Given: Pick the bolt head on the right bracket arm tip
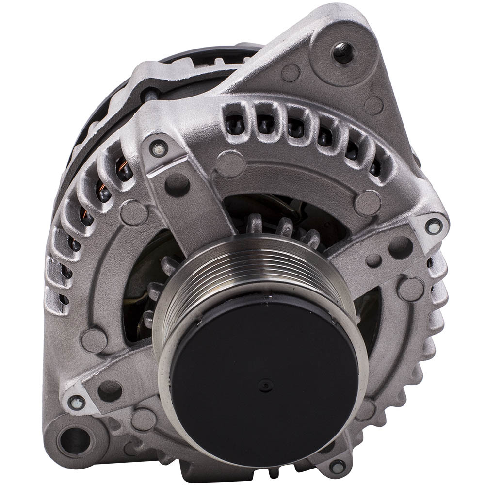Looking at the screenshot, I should [x=433, y=226].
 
